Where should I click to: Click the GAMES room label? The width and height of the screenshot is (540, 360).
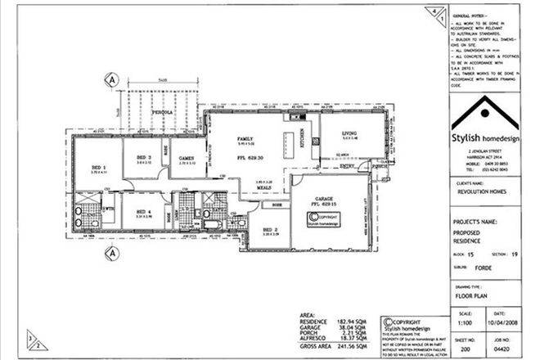pyautogui.click(x=187, y=157)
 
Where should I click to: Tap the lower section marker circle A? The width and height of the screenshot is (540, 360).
pyautogui.click(x=110, y=253)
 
